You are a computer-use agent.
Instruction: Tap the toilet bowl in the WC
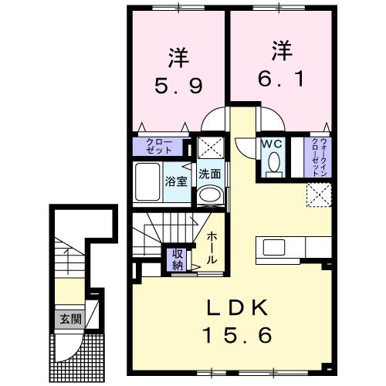[272, 164]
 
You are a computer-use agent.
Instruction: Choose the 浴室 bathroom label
[175, 182]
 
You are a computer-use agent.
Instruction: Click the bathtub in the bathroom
[147, 183]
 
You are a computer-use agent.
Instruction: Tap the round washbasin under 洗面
[209, 196]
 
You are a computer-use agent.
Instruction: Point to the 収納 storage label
[177, 260]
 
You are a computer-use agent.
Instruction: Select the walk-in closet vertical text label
[319, 157]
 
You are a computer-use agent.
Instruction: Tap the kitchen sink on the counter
[275, 248]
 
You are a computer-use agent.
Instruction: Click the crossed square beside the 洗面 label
[208, 147]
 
